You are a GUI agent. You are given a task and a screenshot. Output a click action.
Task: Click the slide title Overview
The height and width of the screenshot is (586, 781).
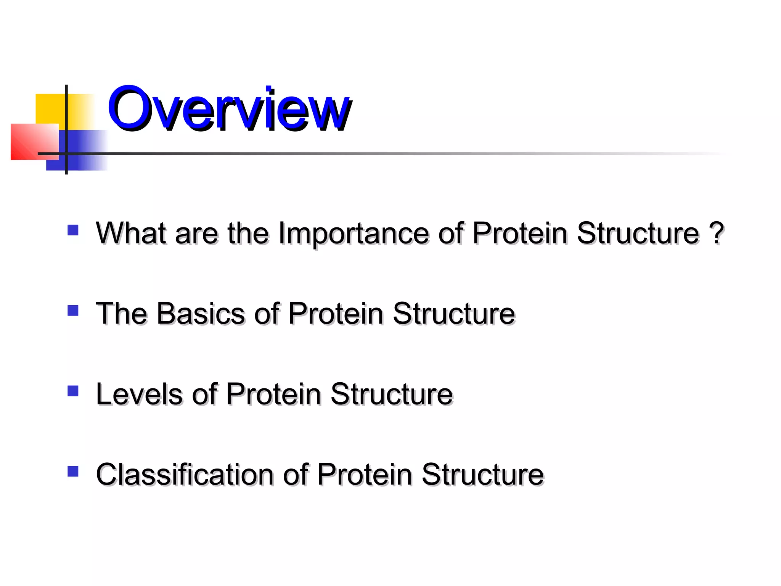pyautogui.click(x=229, y=109)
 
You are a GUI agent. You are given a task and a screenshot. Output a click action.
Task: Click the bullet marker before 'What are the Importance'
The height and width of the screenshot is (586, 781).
pyautogui.click(x=73, y=230)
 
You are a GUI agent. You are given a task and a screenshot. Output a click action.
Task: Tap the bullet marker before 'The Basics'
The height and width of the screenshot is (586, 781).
pyautogui.click(x=73, y=311)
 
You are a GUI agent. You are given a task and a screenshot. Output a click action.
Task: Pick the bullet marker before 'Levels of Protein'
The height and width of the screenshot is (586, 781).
pyautogui.click(x=73, y=391)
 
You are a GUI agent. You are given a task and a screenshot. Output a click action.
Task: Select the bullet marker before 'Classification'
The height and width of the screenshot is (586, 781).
pyautogui.click(x=73, y=472)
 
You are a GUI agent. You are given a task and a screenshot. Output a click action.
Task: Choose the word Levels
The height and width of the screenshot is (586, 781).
pyautogui.click(x=139, y=394)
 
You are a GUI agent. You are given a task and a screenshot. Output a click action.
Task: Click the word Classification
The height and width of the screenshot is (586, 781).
pyautogui.click(x=185, y=475)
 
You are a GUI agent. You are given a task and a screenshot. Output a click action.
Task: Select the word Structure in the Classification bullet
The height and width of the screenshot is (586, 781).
pyautogui.click(x=482, y=475)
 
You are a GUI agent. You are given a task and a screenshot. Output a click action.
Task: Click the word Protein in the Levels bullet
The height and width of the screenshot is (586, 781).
pyautogui.click(x=273, y=394)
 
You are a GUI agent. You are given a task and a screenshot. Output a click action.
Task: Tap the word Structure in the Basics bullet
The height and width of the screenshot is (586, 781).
pyautogui.click(x=454, y=314)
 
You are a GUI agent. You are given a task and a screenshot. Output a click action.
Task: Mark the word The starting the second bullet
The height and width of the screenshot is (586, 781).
pyautogui.click(x=121, y=314)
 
